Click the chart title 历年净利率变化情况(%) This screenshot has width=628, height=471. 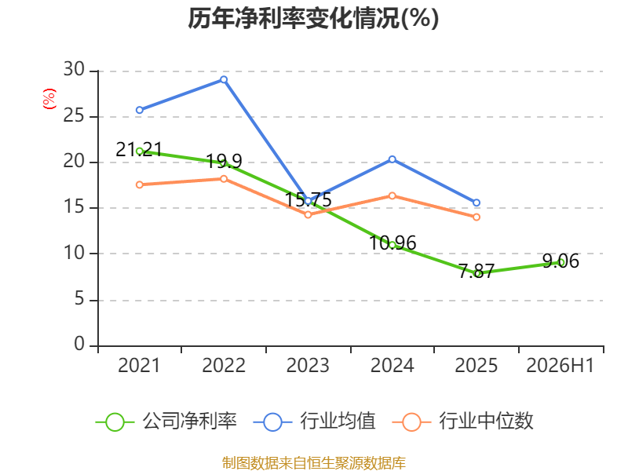pyautogui.click(x=313, y=18)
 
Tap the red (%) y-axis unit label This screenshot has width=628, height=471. pyautogui.click(x=49, y=99)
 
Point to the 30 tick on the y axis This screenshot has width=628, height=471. pyautogui.click(x=74, y=69)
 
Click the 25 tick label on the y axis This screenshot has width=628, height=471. pyautogui.click(x=74, y=115)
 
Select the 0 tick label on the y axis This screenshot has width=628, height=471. pyautogui.click(x=79, y=344)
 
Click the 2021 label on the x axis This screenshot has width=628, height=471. pyautogui.click(x=139, y=365)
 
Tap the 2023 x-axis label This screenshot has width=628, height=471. pyautogui.click(x=308, y=365)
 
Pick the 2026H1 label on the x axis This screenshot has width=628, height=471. pyautogui.click(x=560, y=365)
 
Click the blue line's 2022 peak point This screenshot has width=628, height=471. pyautogui.click(x=224, y=80)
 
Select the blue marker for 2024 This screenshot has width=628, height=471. pyautogui.click(x=392, y=159)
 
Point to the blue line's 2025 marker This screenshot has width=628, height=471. pyautogui.click(x=476, y=203)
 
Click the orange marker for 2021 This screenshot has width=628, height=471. pyautogui.click(x=140, y=184)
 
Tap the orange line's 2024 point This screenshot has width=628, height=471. pyautogui.click(x=392, y=195)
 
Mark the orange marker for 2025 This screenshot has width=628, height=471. pyautogui.click(x=476, y=217)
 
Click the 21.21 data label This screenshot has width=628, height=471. pyautogui.click(x=139, y=149)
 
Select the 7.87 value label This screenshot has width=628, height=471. pyautogui.click(x=476, y=271)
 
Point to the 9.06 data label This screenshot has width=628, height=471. pyautogui.click(x=560, y=261)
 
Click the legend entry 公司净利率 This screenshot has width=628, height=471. pyautogui.click(x=166, y=422)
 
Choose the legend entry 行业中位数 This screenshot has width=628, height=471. pyautogui.click(x=463, y=422)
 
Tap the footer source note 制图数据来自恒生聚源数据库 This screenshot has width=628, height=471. pyautogui.click(x=313, y=463)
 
